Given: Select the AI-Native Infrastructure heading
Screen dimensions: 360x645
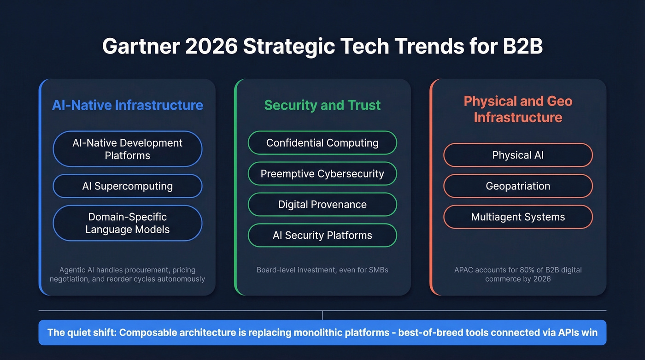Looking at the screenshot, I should point(128,105).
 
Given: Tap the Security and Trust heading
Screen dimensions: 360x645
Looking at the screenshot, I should point(322,105).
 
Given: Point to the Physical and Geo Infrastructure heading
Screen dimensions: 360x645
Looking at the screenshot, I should point(518,109).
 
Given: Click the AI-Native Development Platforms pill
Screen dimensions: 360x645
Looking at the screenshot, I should point(128,149).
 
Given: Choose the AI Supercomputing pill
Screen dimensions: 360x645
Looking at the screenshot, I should point(128,186).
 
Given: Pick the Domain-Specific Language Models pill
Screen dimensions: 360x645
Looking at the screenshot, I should point(128,223).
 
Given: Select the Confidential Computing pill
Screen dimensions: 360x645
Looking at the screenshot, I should point(322,143).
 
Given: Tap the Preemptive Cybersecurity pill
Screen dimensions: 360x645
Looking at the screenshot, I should point(322,174).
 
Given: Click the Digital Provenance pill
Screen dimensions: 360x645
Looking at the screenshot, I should point(322,205).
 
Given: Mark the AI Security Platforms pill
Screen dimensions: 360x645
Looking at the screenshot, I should point(322,236).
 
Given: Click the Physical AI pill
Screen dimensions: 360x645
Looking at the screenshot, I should point(518,155).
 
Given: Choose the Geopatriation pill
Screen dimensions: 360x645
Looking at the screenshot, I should point(518,186).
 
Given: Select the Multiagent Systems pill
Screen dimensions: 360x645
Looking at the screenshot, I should point(518,217).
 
